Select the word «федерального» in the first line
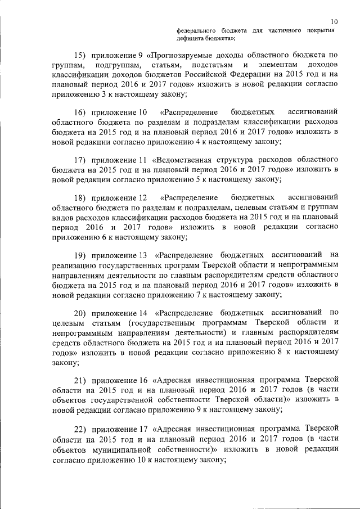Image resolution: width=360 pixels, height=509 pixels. click(195, 30)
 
